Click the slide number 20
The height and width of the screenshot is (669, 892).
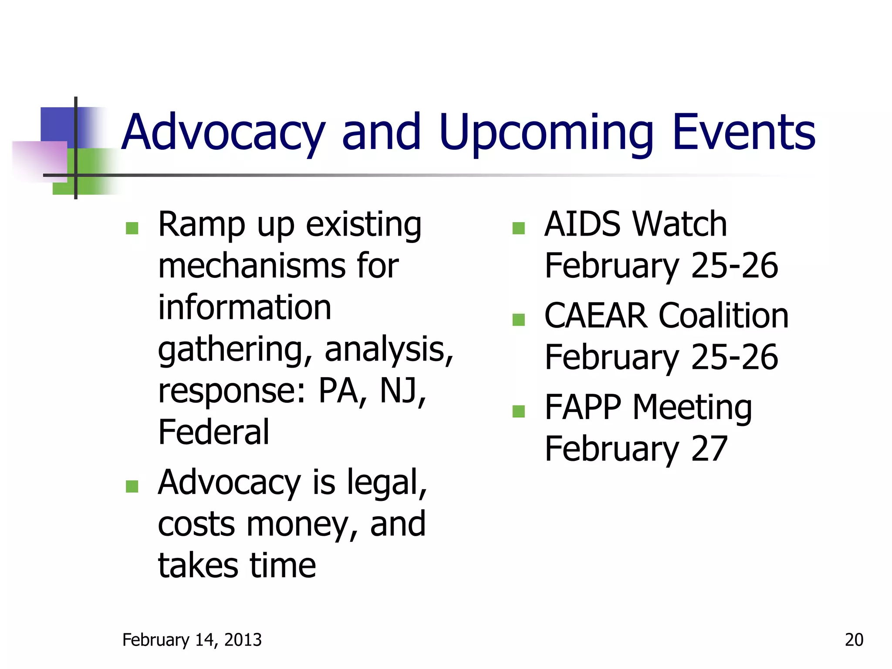pos(854,639)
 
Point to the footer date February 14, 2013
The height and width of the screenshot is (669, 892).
pos(192,639)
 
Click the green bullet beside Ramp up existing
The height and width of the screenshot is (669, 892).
pos(132,228)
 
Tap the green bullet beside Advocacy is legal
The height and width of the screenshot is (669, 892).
pos(132,486)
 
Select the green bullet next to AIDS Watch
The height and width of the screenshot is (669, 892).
pos(518,228)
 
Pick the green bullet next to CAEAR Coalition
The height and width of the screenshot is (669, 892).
pos(518,320)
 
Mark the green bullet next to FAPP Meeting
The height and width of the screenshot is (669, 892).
pos(518,411)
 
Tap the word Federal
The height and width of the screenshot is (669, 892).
pos(213,432)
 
